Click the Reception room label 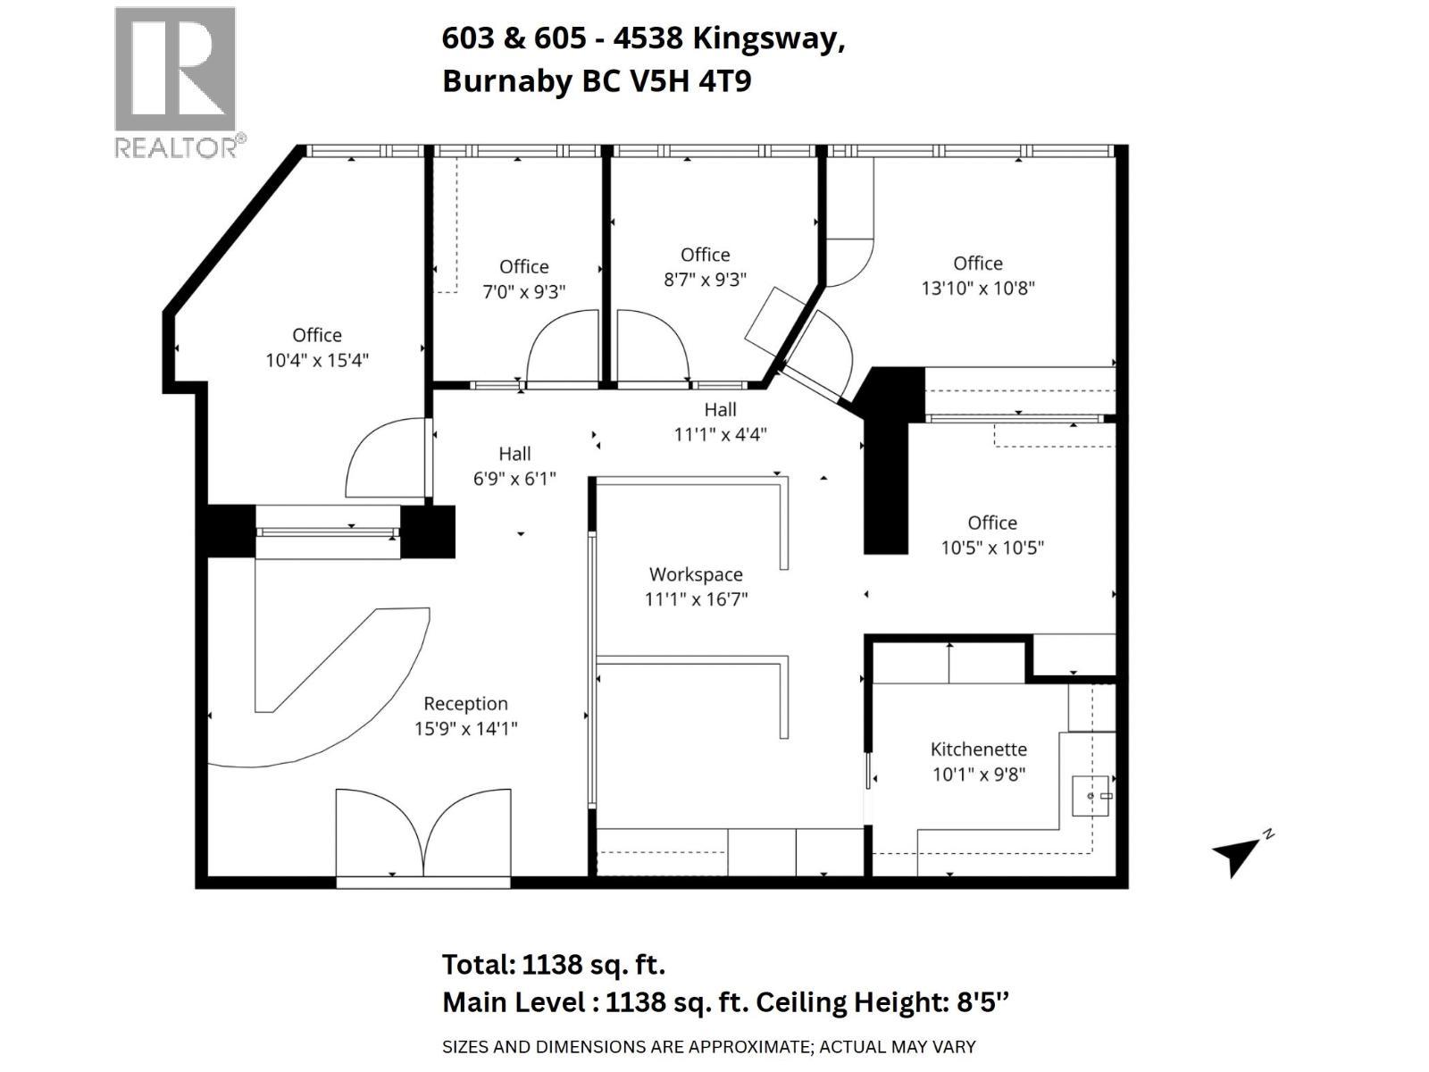465,704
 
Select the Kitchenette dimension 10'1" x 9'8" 979,775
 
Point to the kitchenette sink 1092,795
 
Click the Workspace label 696,574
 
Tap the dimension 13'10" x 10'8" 978,288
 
